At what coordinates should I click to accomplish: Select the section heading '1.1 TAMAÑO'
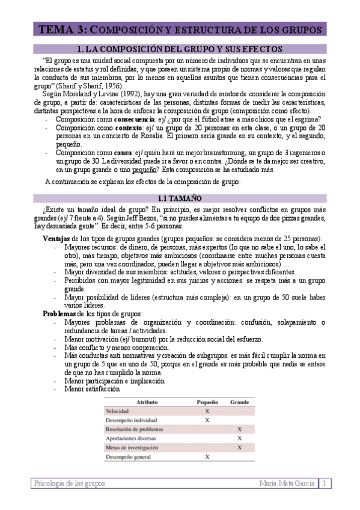[180, 198]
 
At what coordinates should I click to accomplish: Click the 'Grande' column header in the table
[240, 401]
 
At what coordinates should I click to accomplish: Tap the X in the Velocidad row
[207, 411]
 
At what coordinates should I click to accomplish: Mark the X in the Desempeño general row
[207, 457]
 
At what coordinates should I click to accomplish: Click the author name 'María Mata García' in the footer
[287, 484]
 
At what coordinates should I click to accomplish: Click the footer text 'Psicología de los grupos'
[69, 484]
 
